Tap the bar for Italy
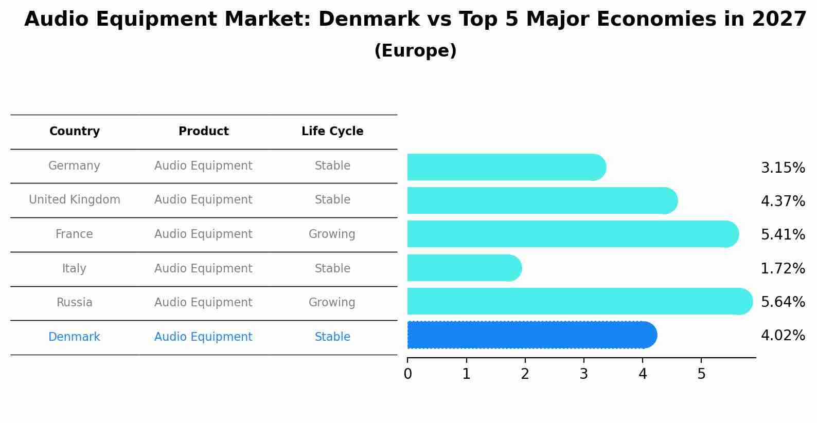463,268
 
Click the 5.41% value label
783,235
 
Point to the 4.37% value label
783,201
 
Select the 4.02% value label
783,336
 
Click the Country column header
75,132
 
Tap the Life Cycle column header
332,132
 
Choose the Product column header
204,132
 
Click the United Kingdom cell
75,200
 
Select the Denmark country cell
74,337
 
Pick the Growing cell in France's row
332,234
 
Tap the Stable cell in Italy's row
332,269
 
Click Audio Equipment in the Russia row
203,303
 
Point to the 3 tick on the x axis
584,374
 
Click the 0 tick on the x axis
408,374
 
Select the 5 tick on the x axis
701,374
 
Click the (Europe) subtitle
415,51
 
